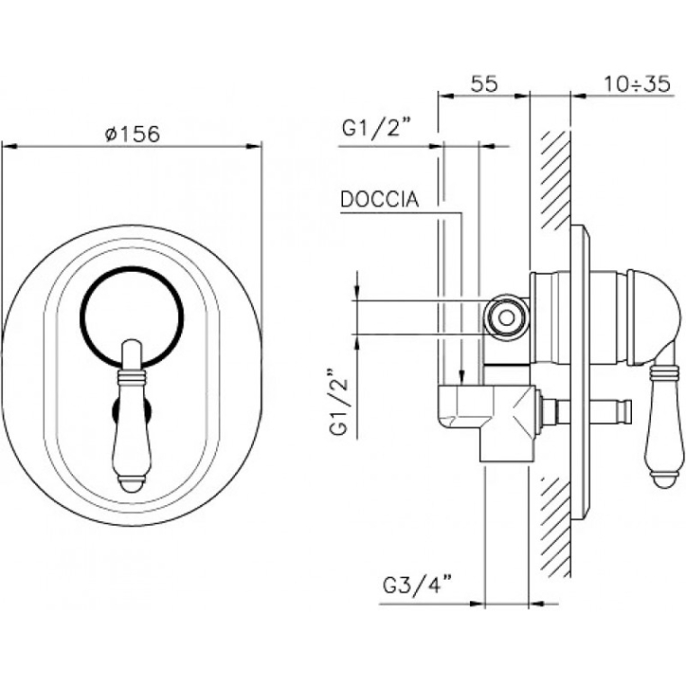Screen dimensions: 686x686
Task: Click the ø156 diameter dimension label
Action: [x=133, y=133]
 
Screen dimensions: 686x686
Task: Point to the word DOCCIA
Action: [x=379, y=200]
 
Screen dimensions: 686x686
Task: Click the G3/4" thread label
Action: [x=418, y=585]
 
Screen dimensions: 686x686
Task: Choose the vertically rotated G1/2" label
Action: [x=339, y=402]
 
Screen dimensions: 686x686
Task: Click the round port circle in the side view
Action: [x=507, y=318]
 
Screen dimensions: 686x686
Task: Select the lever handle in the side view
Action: [x=665, y=420]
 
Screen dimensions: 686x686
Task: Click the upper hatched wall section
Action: [x=555, y=178]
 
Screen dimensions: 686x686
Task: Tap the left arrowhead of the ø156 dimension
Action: [x=9, y=146]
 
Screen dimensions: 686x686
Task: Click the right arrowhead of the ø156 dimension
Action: [x=254, y=146]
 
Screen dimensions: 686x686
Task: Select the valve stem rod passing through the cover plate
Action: [x=586, y=411]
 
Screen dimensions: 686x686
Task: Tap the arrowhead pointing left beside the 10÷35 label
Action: [x=578, y=96]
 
